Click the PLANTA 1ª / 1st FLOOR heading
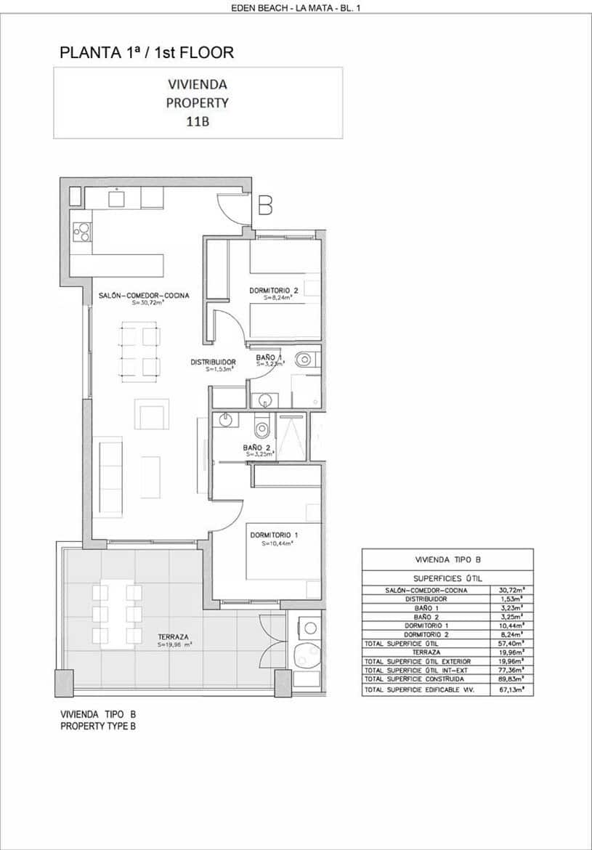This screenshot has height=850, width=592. (147, 52)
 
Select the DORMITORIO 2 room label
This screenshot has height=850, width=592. (274, 291)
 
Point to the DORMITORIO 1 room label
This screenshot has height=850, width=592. (274, 535)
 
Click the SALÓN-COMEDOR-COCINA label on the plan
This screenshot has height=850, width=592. (144, 296)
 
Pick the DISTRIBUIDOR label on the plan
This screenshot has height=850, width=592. (213, 362)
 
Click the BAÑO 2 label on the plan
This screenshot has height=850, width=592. (257, 448)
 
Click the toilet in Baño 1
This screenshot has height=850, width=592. (306, 358)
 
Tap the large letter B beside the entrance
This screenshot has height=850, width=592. (265, 206)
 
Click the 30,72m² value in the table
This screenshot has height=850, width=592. (513, 591)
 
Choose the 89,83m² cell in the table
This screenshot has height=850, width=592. (513, 679)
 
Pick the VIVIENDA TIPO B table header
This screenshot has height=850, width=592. (447, 560)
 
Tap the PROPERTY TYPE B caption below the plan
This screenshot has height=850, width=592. (97, 726)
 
